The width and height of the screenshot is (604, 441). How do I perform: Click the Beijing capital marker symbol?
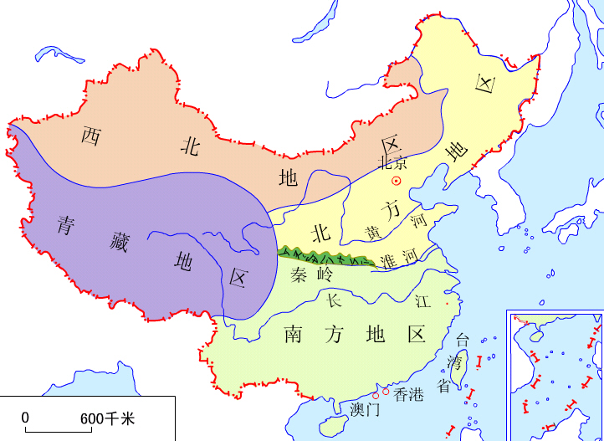397,180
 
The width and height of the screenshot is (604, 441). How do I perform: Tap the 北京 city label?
392,162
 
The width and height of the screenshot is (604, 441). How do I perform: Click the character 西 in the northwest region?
90,135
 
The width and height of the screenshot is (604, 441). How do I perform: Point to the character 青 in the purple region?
68,224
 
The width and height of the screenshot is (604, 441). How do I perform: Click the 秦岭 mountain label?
310,274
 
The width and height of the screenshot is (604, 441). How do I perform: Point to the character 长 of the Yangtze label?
334,299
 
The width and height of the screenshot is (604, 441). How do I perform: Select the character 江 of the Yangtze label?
422,299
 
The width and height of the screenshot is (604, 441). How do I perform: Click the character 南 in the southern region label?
294,334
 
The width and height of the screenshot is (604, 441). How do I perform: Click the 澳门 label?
366,410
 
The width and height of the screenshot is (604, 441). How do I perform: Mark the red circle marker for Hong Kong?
386,391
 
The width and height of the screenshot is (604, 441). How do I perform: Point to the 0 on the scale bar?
25,417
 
